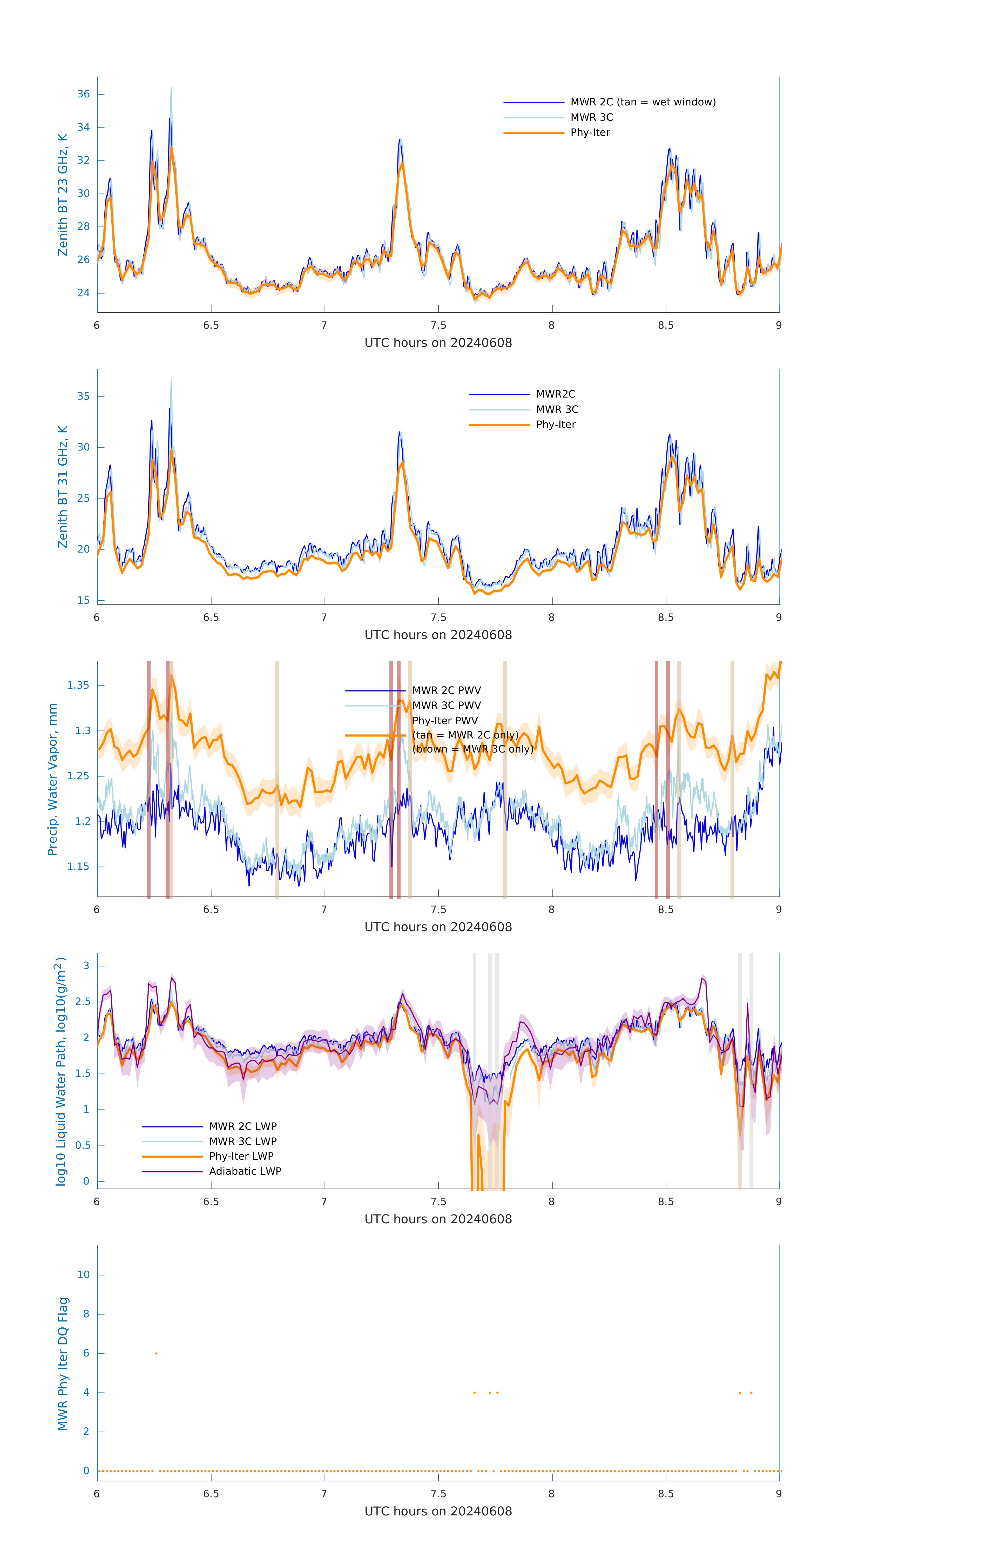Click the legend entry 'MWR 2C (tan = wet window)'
[x=642, y=102]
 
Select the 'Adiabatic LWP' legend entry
[x=245, y=1171]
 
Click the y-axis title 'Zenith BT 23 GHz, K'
[x=63, y=195]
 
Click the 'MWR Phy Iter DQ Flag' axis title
[x=63, y=1364]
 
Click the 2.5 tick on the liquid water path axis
[x=82, y=1002]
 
